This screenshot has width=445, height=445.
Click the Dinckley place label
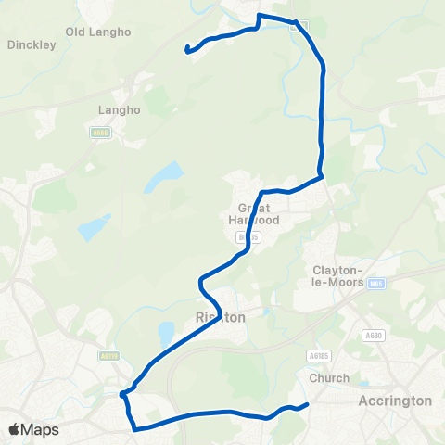tap(32, 44)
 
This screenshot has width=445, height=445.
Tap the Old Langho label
tap(99, 32)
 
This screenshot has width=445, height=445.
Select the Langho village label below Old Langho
tap(119, 109)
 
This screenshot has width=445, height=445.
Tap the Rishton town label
tap(221, 317)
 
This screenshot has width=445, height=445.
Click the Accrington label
tap(395, 400)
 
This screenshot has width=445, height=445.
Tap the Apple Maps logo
tap(33, 429)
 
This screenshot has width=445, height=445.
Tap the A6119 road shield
tap(108, 354)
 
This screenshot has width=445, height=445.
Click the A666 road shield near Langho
tap(101, 133)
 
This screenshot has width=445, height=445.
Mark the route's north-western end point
tap(188, 49)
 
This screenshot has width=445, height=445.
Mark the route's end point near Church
tap(307, 404)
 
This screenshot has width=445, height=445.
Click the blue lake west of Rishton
tap(167, 331)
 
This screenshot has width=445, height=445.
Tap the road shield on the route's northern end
tap(294, 26)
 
